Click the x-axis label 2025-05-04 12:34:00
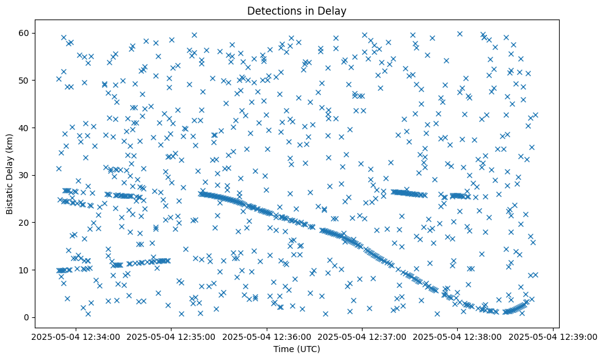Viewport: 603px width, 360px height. click(76, 336)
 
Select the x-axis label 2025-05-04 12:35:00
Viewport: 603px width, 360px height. click(172, 336)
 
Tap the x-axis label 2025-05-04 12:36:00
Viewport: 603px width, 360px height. click(267, 336)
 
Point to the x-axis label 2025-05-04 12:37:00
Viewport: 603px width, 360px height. click(363, 336)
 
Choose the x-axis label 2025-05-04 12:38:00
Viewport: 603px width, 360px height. click(458, 336)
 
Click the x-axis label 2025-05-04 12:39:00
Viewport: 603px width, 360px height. click(553, 336)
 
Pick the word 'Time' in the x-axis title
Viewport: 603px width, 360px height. click(283, 349)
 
